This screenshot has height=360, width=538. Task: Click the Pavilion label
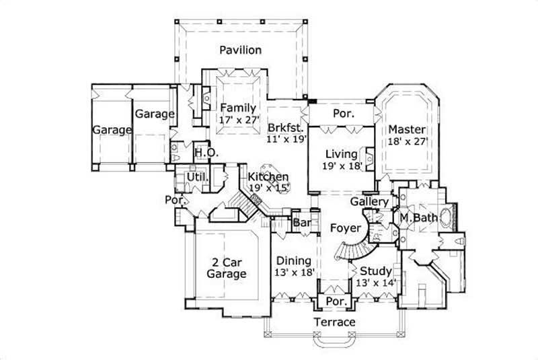point(240,50)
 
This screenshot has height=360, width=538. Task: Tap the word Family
point(238,108)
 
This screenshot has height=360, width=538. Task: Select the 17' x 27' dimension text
point(238,120)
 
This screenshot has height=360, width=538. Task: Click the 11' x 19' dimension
point(286,139)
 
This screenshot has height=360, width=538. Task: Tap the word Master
point(407,129)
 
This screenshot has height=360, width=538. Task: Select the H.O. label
point(206,153)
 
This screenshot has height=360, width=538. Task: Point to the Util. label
point(196,177)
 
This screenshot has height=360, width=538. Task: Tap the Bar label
point(300,223)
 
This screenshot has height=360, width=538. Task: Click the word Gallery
point(369,202)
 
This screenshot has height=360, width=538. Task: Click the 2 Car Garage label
point(225,267)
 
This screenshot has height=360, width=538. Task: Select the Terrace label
point(335,322)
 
